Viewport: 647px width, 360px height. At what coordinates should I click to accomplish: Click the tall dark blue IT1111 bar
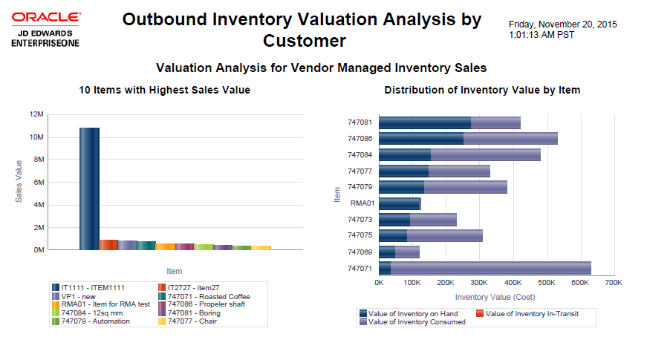[x=89, y=189]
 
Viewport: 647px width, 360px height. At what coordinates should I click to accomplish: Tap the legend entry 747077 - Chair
[x=190, y=321]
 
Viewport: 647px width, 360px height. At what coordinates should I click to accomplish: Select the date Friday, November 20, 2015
[x=563, y=24]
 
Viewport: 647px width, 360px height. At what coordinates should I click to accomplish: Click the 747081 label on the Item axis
[x=360, y=122]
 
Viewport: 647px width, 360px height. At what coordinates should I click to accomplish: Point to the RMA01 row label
[x=362, y=203]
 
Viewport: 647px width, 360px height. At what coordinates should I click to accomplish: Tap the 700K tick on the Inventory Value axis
[x=613, y=283]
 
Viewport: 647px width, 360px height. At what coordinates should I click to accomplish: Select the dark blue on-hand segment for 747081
[x=424, y=122]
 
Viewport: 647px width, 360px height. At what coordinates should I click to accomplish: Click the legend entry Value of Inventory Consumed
[x=416, y=322]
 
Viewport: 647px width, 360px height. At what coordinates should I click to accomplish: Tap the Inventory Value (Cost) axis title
[x=495, y=297]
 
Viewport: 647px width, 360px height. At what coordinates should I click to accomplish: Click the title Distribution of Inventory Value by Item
[x=482, y=90]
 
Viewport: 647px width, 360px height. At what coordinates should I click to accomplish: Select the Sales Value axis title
[x=19, y=183]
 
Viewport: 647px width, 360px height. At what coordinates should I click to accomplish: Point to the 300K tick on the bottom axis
[x=479, y=283]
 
